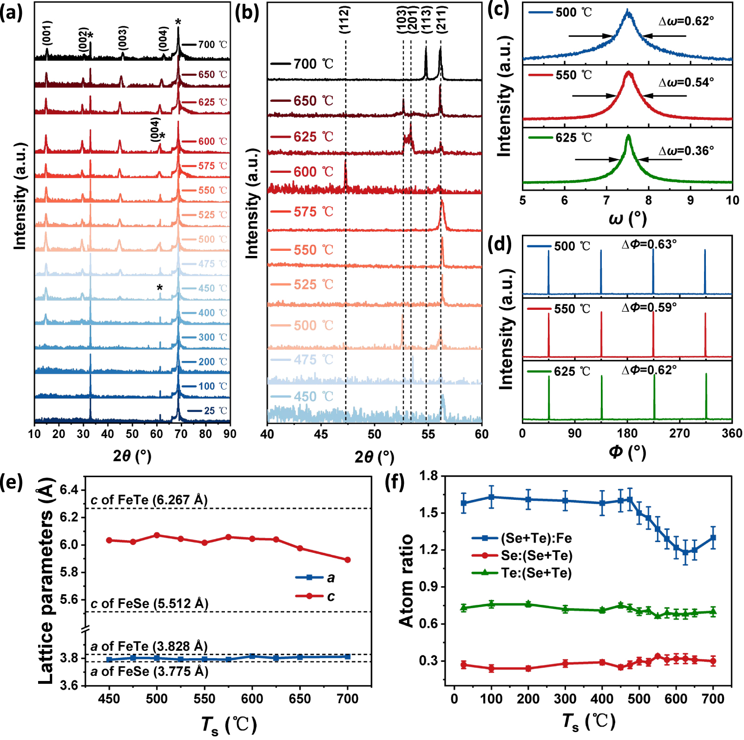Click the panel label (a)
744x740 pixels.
[x=11, y=13]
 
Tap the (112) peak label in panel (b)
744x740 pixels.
[x=344, y=20]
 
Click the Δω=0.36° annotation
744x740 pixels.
[x=686, y=151]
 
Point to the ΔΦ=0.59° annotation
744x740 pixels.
[x=649, y=308]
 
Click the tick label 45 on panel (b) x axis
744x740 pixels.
[x=321, y=434]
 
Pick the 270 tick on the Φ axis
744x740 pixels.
[x=679, y=433]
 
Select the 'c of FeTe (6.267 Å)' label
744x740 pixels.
[x=149, y=500]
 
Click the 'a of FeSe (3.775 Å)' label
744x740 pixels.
[x=149, y=671]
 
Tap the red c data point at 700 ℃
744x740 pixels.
[x=348, y=560]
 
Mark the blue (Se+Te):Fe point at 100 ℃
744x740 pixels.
[x=491, y=497]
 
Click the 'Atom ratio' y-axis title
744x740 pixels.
[x=406, y=581]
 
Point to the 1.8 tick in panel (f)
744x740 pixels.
[x=428, y=476]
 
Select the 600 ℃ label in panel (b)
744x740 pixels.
[x=313, y=172]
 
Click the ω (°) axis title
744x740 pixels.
[x=627, y=218]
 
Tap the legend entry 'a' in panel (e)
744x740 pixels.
[x=330, y=577]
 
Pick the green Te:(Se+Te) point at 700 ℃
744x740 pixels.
[x=713, y=612]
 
